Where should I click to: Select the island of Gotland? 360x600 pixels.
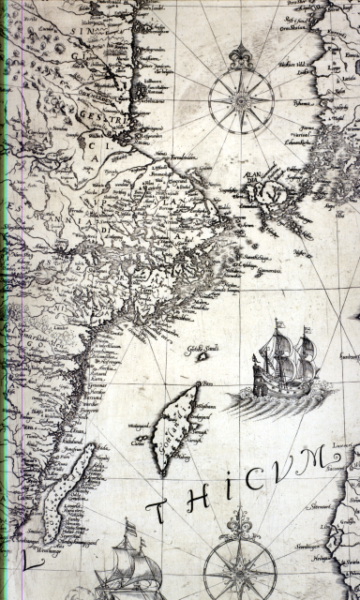tap(178, 427)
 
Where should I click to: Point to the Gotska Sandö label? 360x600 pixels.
tap(200, 351)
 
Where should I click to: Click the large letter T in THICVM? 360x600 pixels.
tap(161, 514)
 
